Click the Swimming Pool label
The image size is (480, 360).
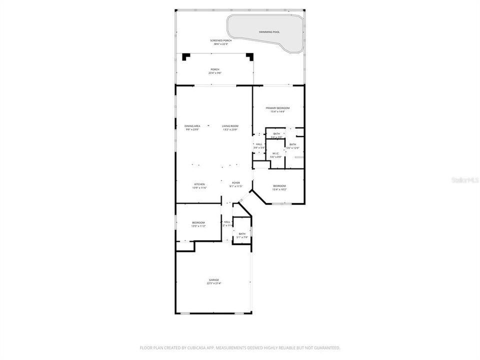pyautogui.click(x=269, y=32)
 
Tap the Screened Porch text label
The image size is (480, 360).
pyautogui.click(x=220, y=40)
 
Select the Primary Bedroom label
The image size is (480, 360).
pyautogui.click(x=277, y=108)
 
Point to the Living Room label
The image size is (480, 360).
pyautogui.click(x=230, y=126)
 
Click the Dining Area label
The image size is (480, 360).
pyautogui.click(x=192, y=126)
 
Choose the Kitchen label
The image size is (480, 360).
pyautogui.click(x=199, y=184)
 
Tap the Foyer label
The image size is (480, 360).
pyautogui.click(x=235, y=183)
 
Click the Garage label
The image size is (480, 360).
pyautogui.click(x=214, y=280)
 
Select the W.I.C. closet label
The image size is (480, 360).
pyautogui.click(x=275, y=153)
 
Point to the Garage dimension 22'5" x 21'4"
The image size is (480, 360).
pyautogui.click(x=214, y=283)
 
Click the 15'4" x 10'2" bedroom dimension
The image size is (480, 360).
pyautogui.click(x=279, y=189)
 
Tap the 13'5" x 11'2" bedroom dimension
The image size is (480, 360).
pyautogui.click(x=198, y=226)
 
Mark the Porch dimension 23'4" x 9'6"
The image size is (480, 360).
pyautogui.click(x=214, y=73)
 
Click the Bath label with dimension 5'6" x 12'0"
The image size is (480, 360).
pyautogui.click(x=292, y=144)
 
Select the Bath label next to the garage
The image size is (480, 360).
pyautogui.click(x=242, y=233)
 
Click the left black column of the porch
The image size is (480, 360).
pyautogui.click(x=186, y=57)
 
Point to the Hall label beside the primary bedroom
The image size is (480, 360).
pyautogui.click(x=258, y=144)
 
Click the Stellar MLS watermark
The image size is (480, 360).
pyautogui.click(x=465, y=179)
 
